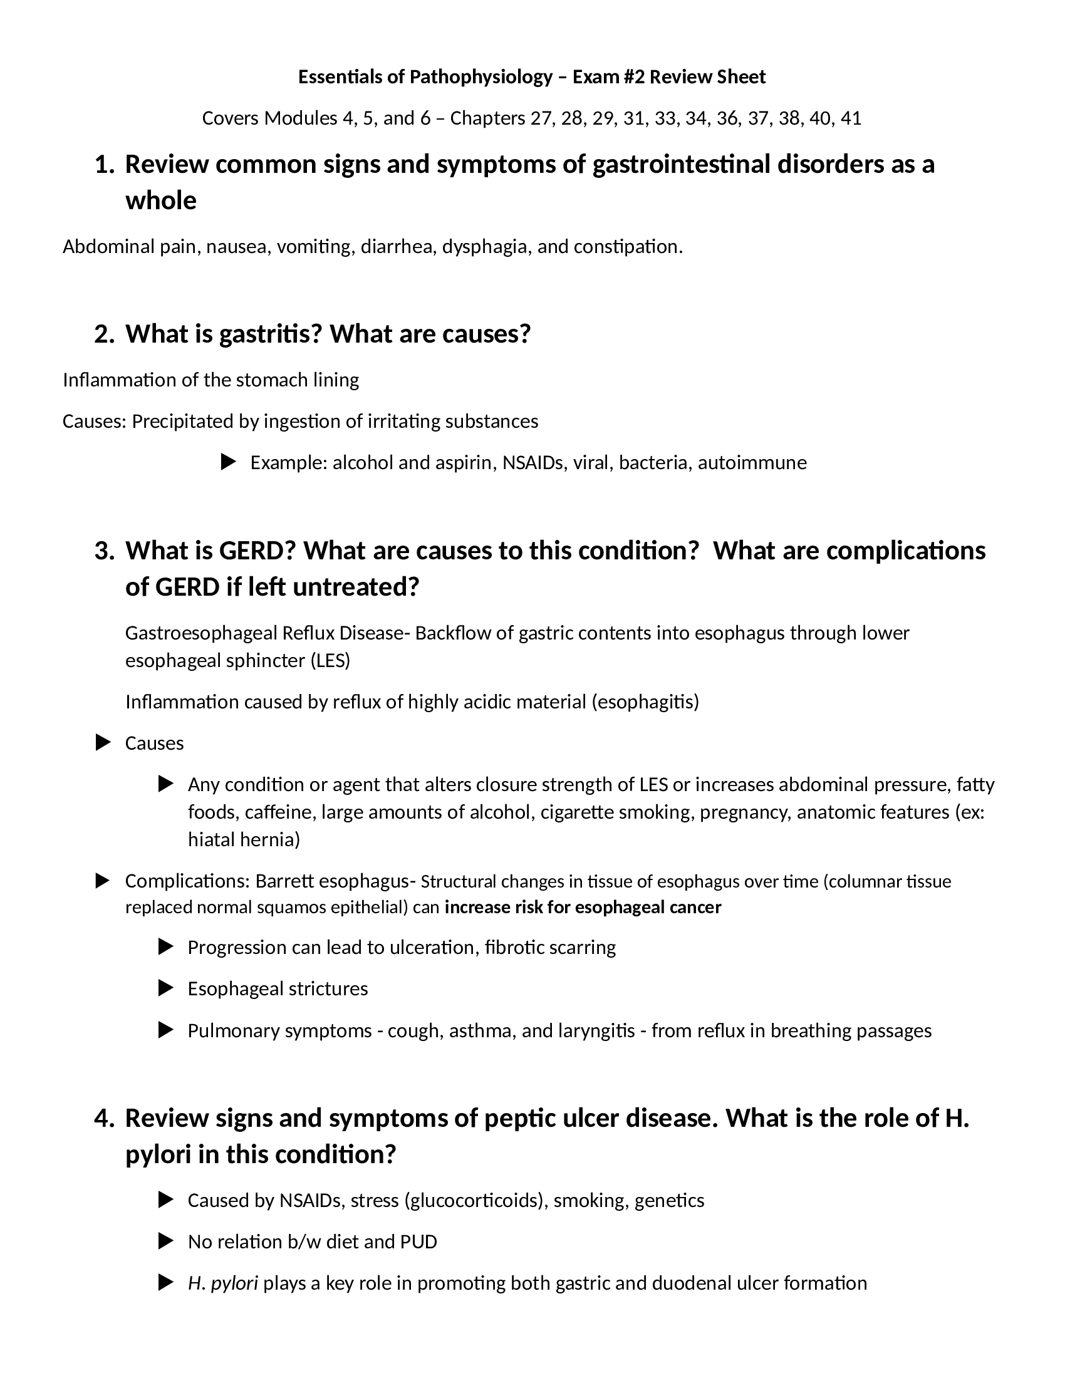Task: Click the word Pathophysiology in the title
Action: pyautogui.click(x=481, y=77)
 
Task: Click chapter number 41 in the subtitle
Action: pyautogui.click(x=851, y=118)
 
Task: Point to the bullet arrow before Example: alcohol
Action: pyautogui.click(x=229, y=462)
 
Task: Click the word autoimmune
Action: pyautogui.click(x=752, y=462)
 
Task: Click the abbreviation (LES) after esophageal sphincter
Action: pyautogui.click(x=330, y=661)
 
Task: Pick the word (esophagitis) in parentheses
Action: pyautogui.click(x=645, y=702)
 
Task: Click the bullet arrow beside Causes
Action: pyautogui.click(x=103, y=743)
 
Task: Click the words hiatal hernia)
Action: pyautogui.click(x=244, y=839)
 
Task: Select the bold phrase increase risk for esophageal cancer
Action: pyautogui.click(x=583, y=908)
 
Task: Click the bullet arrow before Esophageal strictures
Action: pyautogui.click(x=165, y=988)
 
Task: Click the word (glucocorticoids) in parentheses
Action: pyautogui.click(x=475, y=1200)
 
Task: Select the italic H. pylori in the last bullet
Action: pyautogui.click(x=223, y=1283)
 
